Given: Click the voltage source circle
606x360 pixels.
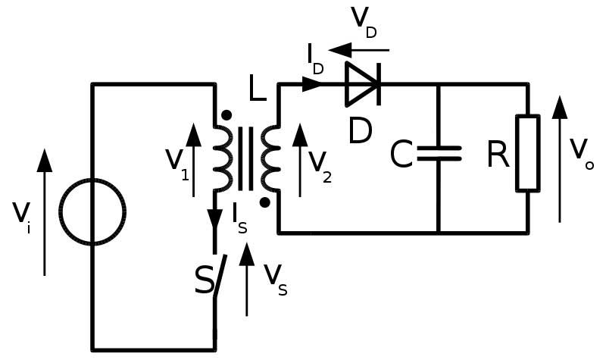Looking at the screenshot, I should click(93, 213).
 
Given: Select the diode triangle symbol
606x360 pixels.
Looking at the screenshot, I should click(362, 84).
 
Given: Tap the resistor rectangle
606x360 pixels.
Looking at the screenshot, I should click(528, 152).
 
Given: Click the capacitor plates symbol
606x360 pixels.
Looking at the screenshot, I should click(439, 154).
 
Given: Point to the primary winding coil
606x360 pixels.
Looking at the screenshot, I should click(222, 158).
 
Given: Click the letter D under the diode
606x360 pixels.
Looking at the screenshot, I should click(360, 130).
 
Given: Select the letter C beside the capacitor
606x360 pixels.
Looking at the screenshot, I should click(401, 155).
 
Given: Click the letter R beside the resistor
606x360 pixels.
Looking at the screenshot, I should click(498, 155).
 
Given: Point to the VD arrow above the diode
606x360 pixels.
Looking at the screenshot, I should click(359, 50).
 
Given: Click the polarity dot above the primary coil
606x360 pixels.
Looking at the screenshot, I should click(226, 115).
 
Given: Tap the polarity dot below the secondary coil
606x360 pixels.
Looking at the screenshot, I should click(265, 202).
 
